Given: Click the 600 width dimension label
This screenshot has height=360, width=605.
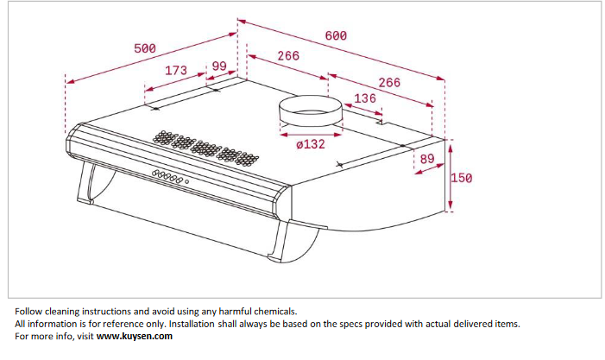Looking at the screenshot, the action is coord(336,36).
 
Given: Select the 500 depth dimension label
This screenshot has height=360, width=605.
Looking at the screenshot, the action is coord(145,48).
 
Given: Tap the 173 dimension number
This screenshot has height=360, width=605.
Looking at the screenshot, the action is coord(176,71).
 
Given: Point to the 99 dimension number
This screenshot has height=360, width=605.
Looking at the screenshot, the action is coord(219,66).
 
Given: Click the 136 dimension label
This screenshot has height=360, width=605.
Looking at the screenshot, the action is coord(365,98).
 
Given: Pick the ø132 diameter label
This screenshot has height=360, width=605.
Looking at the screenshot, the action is coord(311,144).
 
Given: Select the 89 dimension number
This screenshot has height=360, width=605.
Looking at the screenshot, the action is coord(427,159).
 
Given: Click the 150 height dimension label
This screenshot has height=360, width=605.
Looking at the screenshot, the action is coord(462,178).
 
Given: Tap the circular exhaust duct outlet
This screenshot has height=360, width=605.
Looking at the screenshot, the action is coord(311,111).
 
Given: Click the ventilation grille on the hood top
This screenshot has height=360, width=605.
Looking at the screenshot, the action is coord(205,148).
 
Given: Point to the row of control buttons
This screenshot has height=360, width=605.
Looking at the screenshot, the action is coord(167,176).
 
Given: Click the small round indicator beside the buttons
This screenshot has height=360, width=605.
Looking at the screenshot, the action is coord(187,182).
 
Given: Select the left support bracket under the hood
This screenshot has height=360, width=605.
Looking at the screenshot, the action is coord(87,182).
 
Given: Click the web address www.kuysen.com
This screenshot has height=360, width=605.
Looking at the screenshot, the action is coord(135,336).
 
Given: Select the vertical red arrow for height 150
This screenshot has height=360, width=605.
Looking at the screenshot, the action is coord(451,177).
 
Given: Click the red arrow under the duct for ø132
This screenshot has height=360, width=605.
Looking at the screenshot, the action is coord(311,135).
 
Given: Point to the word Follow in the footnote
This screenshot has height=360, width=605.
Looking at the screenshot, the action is coord(28,312).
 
